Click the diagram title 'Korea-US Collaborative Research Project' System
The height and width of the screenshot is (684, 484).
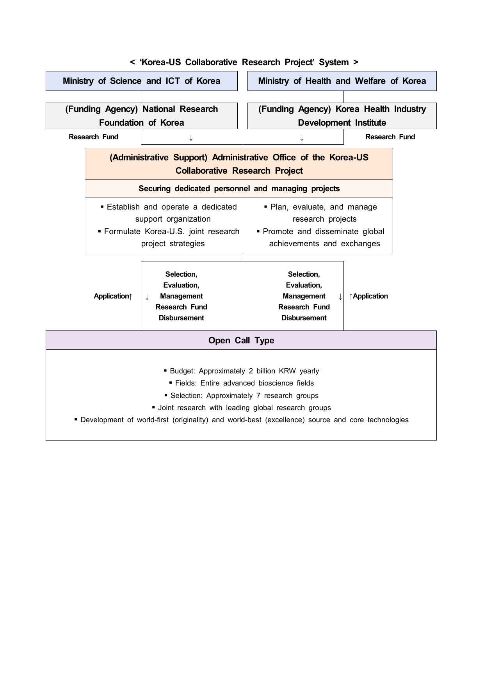pos(244,62)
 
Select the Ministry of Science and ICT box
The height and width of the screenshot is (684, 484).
pos(141,81)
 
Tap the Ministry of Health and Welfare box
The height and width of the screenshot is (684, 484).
pos(342,81)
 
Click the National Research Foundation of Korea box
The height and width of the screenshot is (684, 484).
pos(141,116)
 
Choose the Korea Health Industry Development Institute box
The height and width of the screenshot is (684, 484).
pos(342,116)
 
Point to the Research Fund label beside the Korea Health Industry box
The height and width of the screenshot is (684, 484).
pos(390,137)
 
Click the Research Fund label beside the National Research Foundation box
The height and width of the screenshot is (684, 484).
pos(93,137)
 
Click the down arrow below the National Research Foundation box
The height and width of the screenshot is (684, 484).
pos(191,137)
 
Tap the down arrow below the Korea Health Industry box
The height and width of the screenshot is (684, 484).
pos(302,137)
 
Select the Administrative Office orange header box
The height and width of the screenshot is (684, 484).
pos(239,164)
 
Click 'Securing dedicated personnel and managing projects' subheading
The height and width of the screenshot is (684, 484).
pos(239,189)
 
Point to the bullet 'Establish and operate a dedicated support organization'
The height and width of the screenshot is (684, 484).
pos(172,213)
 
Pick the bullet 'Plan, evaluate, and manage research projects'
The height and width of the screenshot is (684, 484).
pos(324,213)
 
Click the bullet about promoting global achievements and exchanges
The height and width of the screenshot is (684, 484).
pos(324,238)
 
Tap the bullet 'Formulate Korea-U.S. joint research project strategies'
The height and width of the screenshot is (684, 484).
pos(172,238)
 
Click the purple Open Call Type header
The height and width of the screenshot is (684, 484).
pos(241,341)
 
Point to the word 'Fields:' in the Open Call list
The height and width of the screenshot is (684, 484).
pos(186,383)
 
